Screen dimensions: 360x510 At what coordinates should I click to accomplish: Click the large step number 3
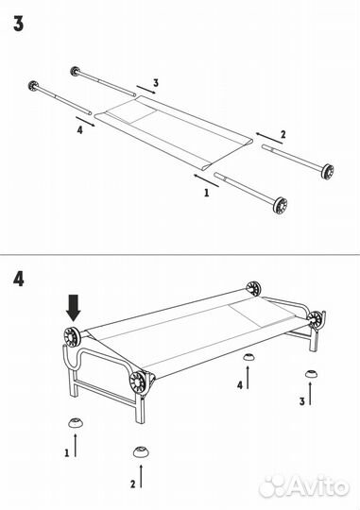pos(19,24)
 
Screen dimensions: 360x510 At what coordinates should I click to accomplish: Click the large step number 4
pos(19,279)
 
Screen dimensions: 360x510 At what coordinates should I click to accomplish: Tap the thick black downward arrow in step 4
pos(74,308)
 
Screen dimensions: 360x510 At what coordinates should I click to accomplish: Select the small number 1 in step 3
pos(206,193)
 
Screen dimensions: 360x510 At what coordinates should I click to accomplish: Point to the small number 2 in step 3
pos(283,134)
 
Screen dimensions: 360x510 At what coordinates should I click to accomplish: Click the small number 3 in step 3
pos(156,83)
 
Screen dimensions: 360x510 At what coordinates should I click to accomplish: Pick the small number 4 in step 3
pos(79,130)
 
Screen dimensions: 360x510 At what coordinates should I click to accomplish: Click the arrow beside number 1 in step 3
pos(206,180)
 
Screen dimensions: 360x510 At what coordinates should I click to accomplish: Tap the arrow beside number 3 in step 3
pos(146,90)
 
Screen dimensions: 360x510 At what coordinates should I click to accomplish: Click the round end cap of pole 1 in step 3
pos(280,206)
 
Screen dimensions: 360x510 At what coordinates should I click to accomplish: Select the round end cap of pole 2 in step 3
pos(327,171)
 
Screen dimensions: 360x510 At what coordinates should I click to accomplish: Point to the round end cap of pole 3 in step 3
pos(76,71)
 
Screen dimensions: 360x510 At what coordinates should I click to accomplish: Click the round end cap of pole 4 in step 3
pos(33,86)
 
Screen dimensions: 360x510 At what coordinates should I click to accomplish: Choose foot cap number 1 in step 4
pos(76,422)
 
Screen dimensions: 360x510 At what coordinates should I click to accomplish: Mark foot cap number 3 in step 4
pos(312,374)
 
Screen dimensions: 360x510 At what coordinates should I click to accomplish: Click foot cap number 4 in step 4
pos(249,357)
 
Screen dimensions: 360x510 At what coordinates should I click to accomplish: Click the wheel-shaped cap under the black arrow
pos(72,336)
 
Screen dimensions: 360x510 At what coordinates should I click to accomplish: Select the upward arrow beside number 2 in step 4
pos(141,476)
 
